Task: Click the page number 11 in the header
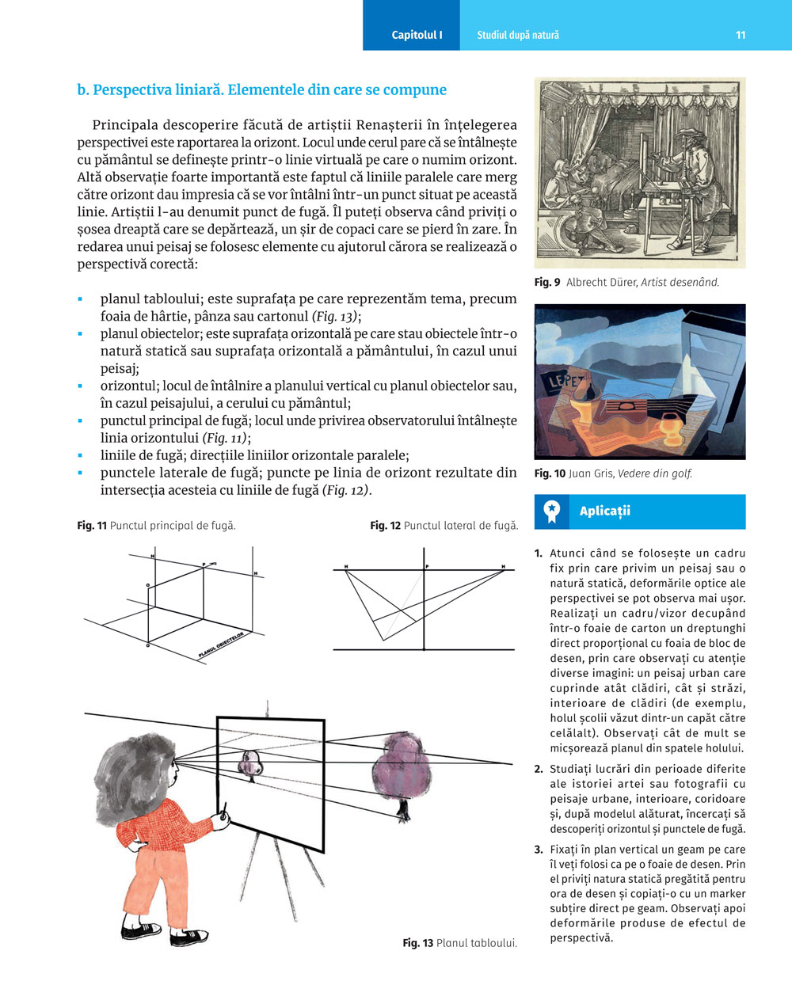click(740, 35)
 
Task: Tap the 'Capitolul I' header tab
click(417, 35)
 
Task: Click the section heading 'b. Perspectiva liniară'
click(261, 90)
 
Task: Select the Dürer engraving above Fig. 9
click(640, 172)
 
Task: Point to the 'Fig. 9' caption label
click(547, 283)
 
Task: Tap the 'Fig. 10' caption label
click(550, 474)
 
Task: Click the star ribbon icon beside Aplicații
click(552, 512)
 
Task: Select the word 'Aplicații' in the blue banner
click(604, 512)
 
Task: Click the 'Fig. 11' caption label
click(92, 526)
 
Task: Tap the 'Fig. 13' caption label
click(417, 943)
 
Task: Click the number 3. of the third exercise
click(539, 850)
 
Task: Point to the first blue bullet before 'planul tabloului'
click(81, 299)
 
